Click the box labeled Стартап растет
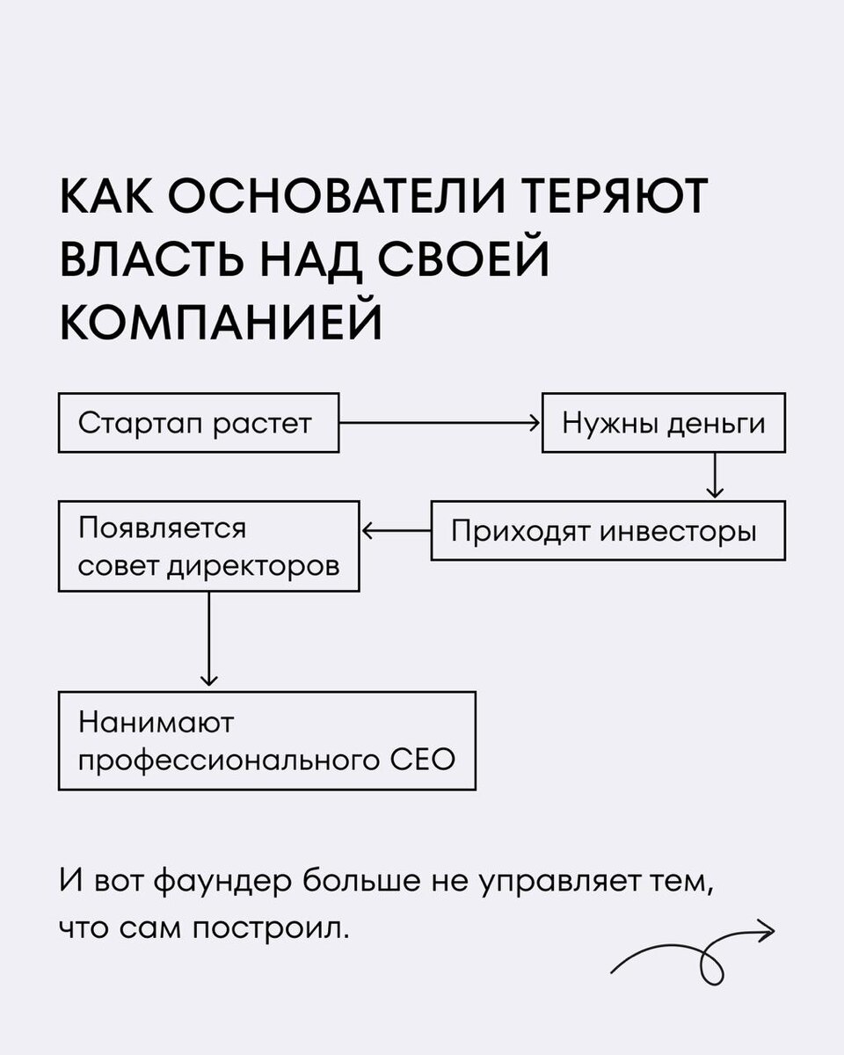pyautogui.click(x=198, y=423)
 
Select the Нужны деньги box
pyautogui.click(x=663, y=423)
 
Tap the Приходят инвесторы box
pyautogui.click(x=608, y=531)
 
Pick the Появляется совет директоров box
pyautogui.click(x=208, y=546)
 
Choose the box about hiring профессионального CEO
pyautogui.click(x=266, y=740)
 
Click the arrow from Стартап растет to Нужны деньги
pyautogui.click(x=440, y=423)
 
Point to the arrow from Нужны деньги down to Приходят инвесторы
pyautogui.click(x=715, y=477)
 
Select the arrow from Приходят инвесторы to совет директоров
pyautogui.click(x=396, y=531)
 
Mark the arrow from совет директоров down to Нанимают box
pyautogui.click(x=208, y=639)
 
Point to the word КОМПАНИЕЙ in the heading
pyautogui.click(x=221, y=324)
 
